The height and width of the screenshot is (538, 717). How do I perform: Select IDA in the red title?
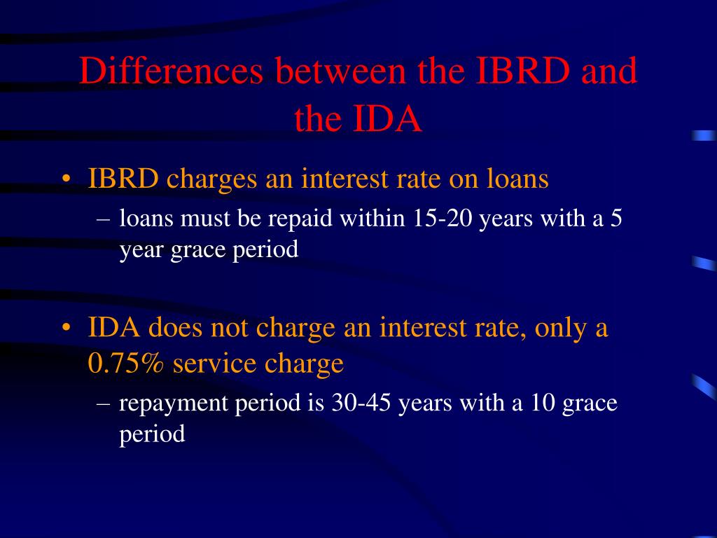pyautogui.click(x=388, y=120)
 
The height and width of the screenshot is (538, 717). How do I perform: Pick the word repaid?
pyautogui.click(x=305, y=219)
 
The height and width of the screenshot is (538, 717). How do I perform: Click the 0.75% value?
pyautogui.click(x=127, y=364)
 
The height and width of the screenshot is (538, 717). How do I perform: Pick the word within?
pyautogui.click(x=373, y=219)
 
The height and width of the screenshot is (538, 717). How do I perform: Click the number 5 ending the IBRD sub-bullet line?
pyautogui.click(x=615, y=219)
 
